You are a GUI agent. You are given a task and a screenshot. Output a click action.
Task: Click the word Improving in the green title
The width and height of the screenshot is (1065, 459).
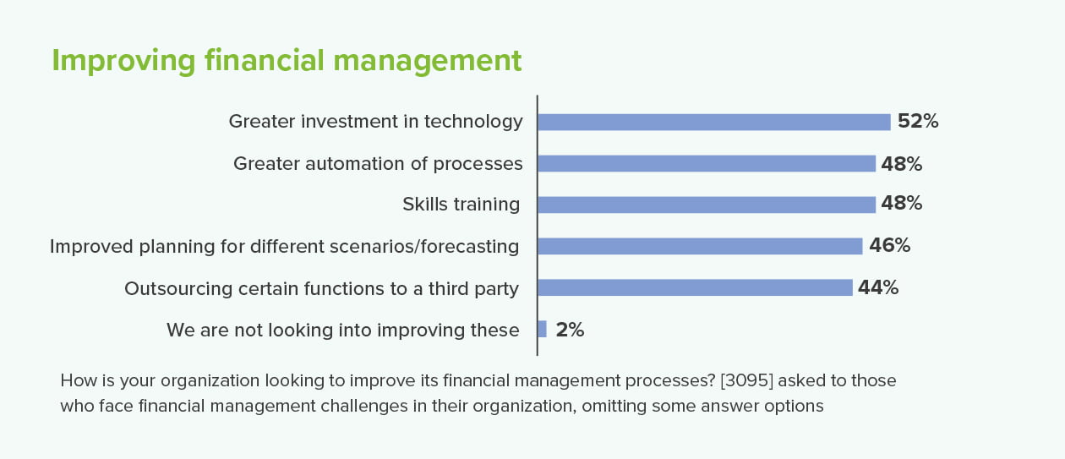coord(123,62)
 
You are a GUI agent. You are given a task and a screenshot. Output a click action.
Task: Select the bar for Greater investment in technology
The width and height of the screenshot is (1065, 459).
coord(714,123)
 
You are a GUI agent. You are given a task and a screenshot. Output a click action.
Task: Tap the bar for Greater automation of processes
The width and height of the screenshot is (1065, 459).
coord(707,164)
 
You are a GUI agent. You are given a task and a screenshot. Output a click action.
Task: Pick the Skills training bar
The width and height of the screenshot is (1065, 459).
coord(707,205)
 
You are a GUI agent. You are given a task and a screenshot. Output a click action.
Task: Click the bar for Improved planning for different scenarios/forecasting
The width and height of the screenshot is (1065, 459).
coord(701,246)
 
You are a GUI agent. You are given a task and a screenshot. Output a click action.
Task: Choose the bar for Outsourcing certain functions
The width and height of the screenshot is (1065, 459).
coord(695,287)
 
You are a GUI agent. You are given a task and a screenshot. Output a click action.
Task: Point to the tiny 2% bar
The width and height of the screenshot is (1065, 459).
coord(543,329)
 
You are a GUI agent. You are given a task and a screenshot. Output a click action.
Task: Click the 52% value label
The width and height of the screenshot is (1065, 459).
coord(918,121)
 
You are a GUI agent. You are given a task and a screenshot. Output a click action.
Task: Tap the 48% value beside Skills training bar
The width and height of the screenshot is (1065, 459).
coord(901,204)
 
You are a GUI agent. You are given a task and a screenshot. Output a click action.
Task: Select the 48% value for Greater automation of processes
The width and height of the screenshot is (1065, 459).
coord(901,164)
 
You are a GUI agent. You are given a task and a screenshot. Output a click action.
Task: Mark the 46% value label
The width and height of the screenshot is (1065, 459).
coord(889,245)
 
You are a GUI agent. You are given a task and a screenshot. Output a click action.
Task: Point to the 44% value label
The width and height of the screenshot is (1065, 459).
coord(878,287)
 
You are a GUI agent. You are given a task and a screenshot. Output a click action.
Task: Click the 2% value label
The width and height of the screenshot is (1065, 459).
coord(570,330)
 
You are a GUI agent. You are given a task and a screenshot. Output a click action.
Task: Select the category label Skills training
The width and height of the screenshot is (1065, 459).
coord(461,205)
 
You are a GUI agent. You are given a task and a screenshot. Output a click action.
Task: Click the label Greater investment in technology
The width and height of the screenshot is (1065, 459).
coord(375,122)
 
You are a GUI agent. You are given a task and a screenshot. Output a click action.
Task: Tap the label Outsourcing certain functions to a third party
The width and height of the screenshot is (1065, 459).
coord(321,289)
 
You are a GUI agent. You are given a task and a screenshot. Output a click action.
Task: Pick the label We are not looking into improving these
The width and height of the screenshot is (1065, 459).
coord(343,331)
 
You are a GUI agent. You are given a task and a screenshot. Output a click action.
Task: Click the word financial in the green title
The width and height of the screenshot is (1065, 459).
coord(265,60)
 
